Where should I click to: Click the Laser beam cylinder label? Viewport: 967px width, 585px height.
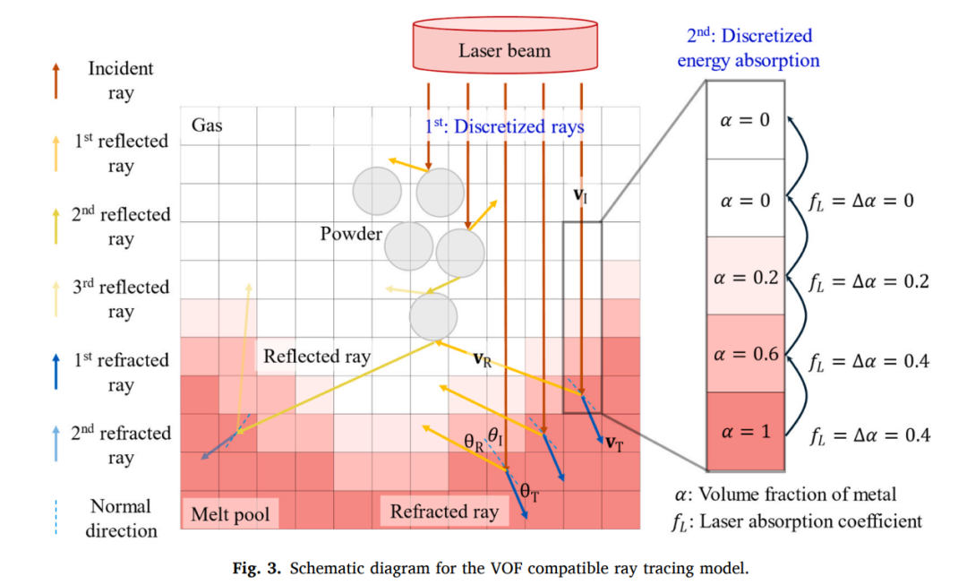504,50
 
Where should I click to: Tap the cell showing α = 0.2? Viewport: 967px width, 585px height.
746,276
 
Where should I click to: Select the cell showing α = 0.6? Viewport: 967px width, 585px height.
746,354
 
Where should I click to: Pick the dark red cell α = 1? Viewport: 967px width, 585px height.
746,431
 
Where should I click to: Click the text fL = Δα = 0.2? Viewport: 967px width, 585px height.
869,282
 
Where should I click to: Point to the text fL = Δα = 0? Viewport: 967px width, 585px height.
861,202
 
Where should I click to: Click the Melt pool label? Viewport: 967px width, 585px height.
230,514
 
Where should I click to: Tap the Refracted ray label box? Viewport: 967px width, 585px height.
444,512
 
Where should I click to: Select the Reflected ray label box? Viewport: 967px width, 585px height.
317,356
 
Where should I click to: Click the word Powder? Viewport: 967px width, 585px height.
351,234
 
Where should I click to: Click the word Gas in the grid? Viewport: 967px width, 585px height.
207,125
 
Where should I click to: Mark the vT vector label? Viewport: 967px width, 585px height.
615,443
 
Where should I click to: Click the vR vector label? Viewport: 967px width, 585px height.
483,359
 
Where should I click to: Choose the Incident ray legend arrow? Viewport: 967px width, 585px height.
56,81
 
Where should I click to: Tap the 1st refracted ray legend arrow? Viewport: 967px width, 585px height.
56,372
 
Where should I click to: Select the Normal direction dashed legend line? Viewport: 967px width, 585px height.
56,517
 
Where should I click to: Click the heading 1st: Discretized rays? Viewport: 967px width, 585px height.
504,126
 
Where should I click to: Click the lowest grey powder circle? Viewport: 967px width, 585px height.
433,316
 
